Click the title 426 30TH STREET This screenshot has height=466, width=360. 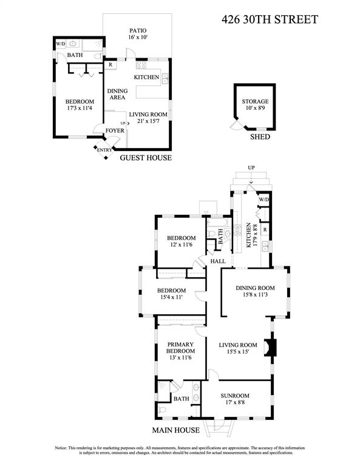point(270,19)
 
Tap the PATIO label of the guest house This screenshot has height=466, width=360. point(138,30)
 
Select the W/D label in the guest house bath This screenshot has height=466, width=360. point(60,44)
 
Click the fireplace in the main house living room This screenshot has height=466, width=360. point(270,348)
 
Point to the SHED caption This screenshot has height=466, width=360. point(260,137)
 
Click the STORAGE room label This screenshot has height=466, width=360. point(255,101)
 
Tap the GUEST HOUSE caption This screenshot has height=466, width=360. point(146,158)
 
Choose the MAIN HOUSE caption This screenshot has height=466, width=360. point(175,430)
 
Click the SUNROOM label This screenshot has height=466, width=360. point(235,396)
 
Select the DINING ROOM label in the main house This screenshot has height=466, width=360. point(255,288)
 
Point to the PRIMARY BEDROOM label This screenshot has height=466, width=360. point(180,348)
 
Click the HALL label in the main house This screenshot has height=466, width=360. point(218,262)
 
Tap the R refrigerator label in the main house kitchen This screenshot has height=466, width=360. point(265,230)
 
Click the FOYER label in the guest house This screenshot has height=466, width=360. point(115,130)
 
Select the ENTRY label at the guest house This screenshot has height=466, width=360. point(104,150)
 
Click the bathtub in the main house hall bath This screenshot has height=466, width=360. point(219,223)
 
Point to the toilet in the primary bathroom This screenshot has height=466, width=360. point(163,410)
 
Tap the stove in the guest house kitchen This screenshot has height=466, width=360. point(141,64)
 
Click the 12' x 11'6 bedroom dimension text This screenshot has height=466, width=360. point(181,245)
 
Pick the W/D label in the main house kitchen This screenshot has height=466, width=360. point(263,200)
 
